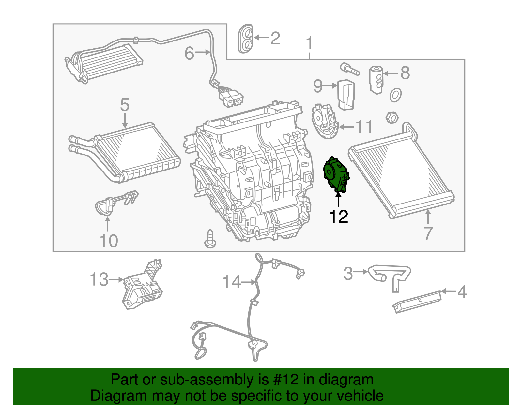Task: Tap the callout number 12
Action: pyautogui.click(x=339, y=217)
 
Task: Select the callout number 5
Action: pyautogui.click(x=125, y=105)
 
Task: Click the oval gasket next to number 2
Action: pyautogui.click(x=246, y=38)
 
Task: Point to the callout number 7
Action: pyautogui.click(x=428, y=233)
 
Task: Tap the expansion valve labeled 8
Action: pyautogui.click(x=376, y=80)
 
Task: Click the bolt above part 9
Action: pyautogui.click(x=349, y=69)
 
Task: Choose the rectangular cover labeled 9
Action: pyautogui.click(x=346, y=95)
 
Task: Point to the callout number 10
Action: pyautogui.click(x=109, y=241)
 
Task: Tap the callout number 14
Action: pyautogui.click(x=231, y=282)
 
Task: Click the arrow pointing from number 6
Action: pyautogui.click(x=203, y=52)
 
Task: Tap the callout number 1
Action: pyautogui.click(x=309, y=43)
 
